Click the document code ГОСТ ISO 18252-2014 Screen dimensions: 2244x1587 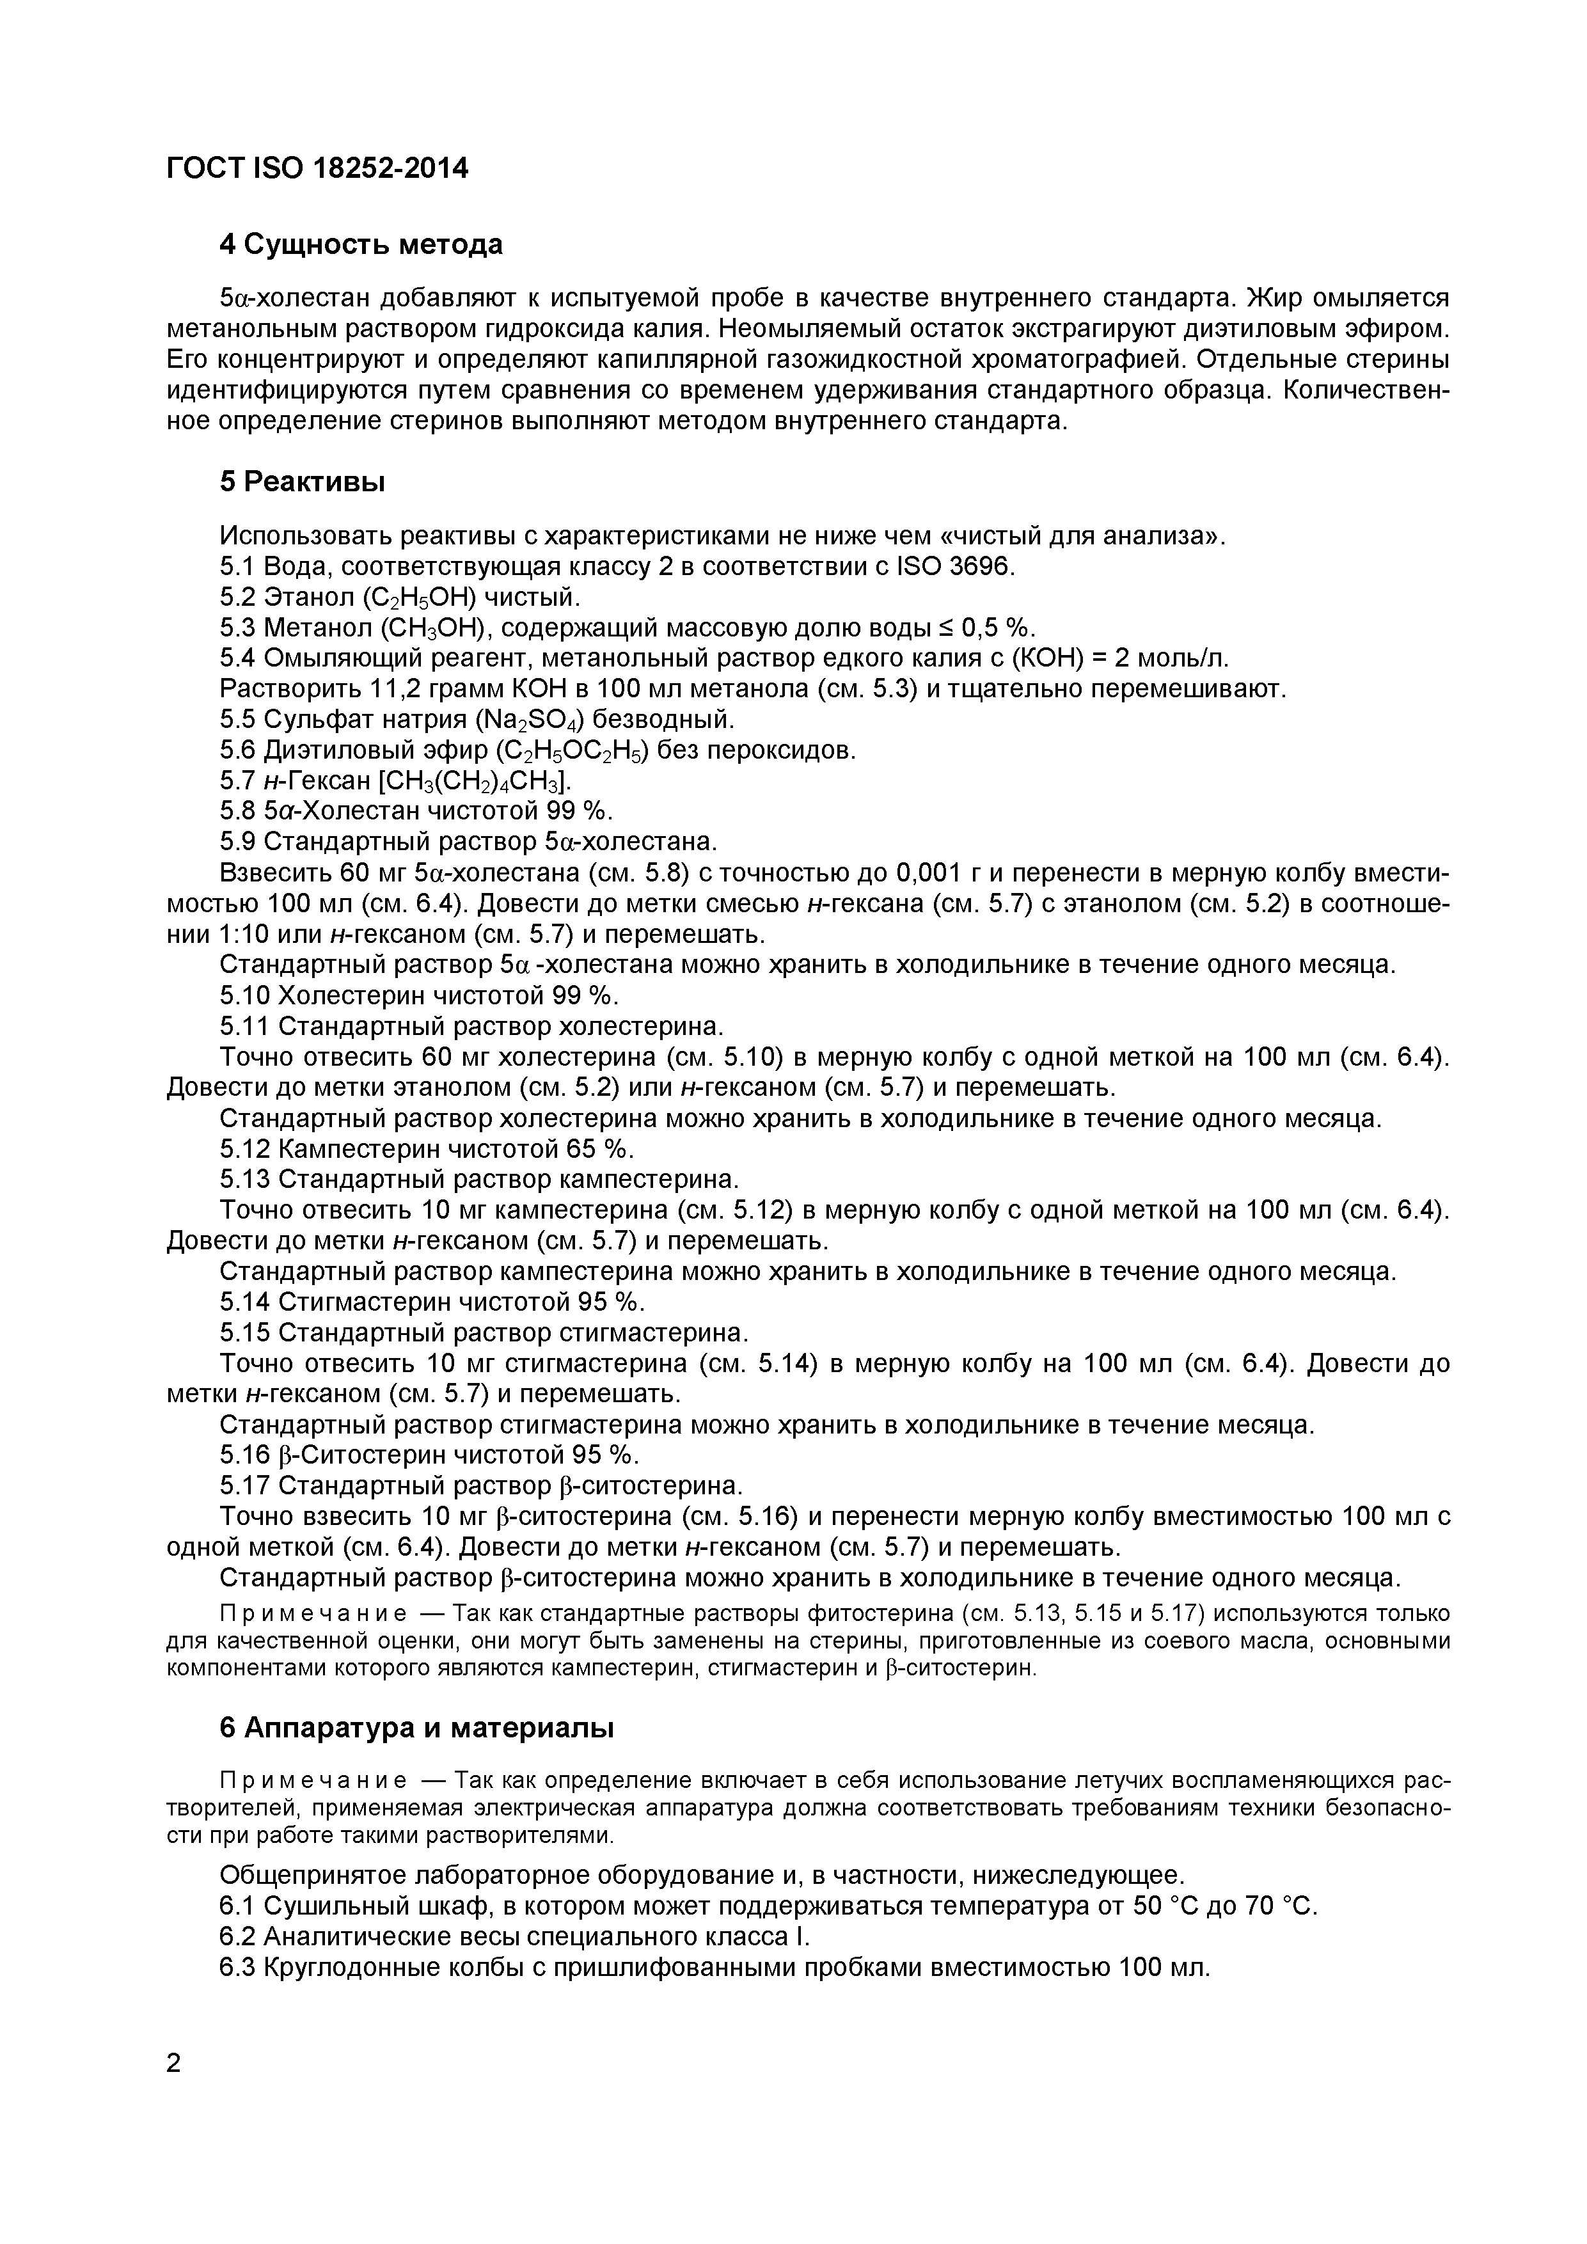pos(318,169)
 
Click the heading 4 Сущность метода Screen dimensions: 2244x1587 pos(361,244)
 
